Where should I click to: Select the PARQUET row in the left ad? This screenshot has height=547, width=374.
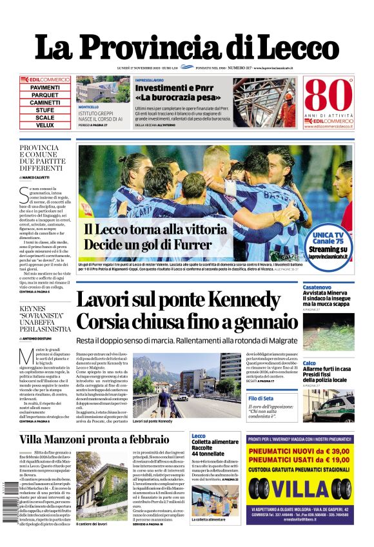[45, 95]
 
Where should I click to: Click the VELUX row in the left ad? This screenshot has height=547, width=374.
[45, 126]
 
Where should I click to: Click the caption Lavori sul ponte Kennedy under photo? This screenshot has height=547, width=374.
[152, 421]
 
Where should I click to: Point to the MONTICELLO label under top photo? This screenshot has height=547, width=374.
[88, 107]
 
